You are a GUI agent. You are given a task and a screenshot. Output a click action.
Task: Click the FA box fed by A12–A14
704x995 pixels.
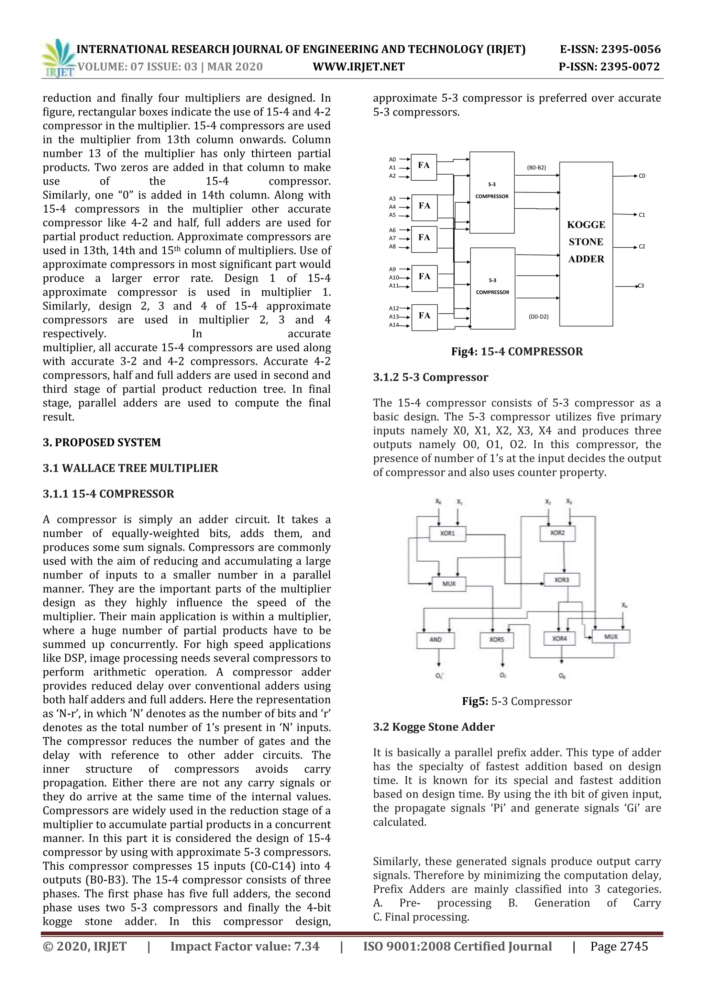[x=424, y=317]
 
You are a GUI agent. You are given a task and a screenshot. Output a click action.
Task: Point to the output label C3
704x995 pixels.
[x=640, y=286]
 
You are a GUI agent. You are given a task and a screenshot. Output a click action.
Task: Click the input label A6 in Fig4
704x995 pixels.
[x=392, y=230]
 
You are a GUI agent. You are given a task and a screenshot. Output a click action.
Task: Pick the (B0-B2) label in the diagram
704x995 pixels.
[x=536, y=168]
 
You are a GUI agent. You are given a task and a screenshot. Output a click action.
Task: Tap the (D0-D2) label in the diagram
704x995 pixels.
[x=538, y=317]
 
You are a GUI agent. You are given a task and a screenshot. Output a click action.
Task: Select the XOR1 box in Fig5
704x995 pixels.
[x=447, y=534]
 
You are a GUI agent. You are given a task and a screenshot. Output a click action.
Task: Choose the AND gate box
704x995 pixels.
[x=435, y=640]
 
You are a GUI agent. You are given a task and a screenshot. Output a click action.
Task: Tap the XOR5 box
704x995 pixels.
[x=497, y=640]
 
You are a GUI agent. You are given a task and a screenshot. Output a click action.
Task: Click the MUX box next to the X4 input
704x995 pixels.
[x=611, y=637]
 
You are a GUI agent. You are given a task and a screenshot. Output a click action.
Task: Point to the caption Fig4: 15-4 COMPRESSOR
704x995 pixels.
[x=517, y=351]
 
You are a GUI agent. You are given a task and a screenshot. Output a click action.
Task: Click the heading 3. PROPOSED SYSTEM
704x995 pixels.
[x=101, y=443]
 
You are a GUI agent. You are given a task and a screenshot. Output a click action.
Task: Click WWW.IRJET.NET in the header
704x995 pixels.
[x=359, y=67]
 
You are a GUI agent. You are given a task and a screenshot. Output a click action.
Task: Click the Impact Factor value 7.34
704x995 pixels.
[x=307, y=947]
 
